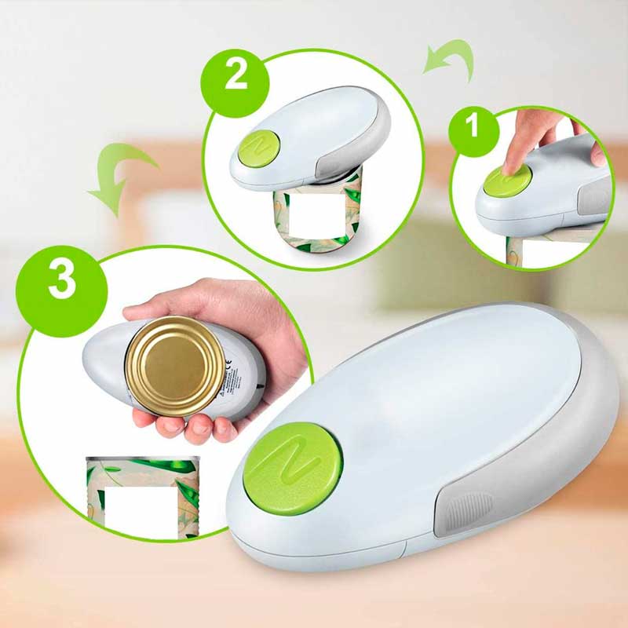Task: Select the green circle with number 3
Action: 62,280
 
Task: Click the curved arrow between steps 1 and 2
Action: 451,62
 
